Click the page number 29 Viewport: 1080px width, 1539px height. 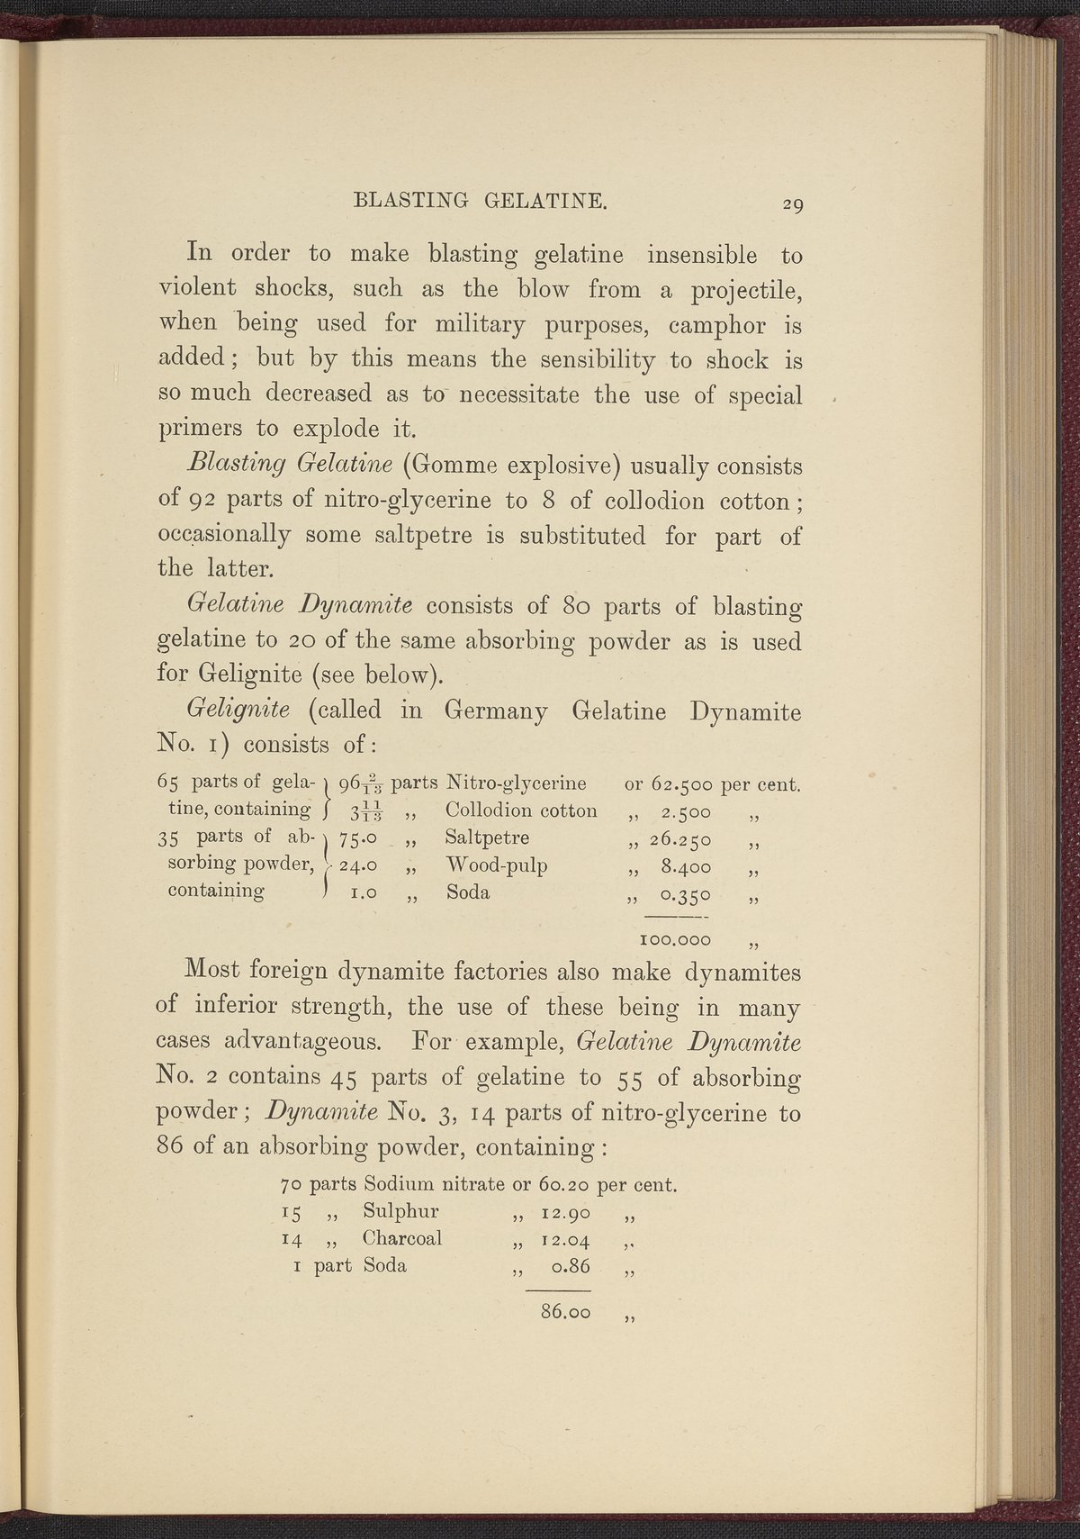click(792, 205)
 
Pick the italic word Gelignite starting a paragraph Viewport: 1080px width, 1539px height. click(237, 710)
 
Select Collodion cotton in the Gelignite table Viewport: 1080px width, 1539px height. click(521, 810)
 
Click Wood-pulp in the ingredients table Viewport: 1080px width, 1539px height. click(497, 866)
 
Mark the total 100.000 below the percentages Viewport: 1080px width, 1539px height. click(674, 940)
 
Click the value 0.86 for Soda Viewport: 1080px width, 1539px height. click(572, 1266)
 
